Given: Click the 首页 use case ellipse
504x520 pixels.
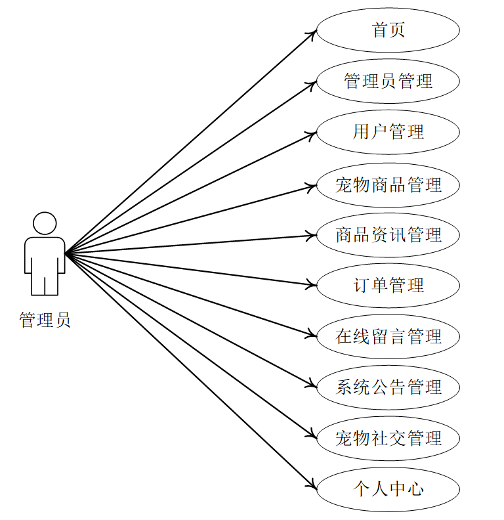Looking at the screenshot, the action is pyautogui.click(x=388, y=30).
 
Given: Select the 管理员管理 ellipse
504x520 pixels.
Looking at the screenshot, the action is pyautogui.click(x=388, y=81).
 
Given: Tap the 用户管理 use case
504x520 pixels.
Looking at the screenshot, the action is pyautogui.click(x=388, y=132).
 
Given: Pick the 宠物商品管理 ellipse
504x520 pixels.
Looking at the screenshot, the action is pyautogui.click(x=388, y=184).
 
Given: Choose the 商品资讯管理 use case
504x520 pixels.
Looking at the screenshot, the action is pyautogui.click(x=388, y=235).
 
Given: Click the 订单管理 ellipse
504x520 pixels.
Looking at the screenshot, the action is pyautogui.click(x=388, y=286).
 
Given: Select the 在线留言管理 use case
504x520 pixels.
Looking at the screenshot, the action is pyautogui.click(x=388, y=337).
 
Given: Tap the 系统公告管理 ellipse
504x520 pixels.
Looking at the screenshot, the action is pyautogui.click(x=388, y=387).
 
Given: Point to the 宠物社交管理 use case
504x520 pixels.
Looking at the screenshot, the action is pyautogui.click(x=388, y=438).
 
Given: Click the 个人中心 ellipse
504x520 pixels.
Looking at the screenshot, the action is pyautogui.click(x=388, y=489).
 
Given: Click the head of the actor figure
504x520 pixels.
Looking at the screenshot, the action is pyautogui.click(x=45, y=223).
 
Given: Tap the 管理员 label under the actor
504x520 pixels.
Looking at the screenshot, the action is pyautogui.click(x=45, y=320).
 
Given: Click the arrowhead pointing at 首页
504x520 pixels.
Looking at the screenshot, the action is pyautogui.click(x=313, y=33).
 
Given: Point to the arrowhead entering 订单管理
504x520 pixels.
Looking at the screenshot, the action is pyautogui.click(x=312, y=285).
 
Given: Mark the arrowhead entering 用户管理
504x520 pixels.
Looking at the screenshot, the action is pyautogui.click(x=312, y=135).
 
